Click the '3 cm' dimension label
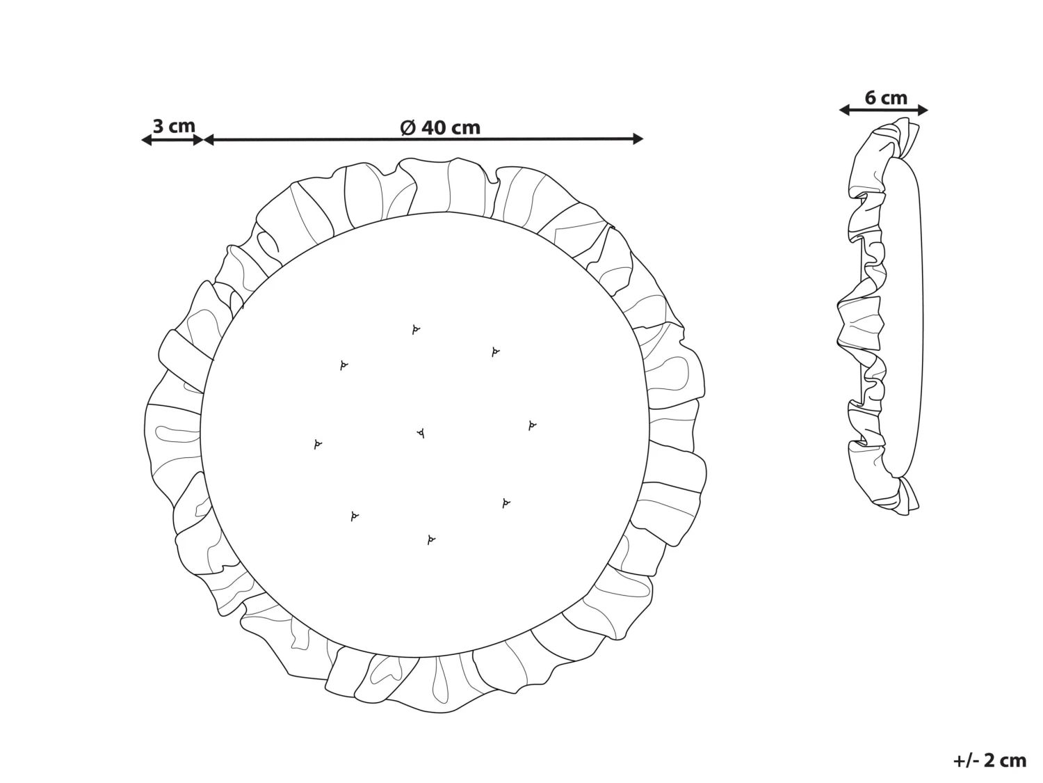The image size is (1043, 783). tap(174, 127)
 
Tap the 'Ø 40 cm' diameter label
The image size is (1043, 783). tap(440, 127)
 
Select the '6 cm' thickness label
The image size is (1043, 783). tap(886, 97)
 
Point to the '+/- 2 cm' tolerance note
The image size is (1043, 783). tap(989, 761)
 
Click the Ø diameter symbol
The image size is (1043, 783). tap(408, 127)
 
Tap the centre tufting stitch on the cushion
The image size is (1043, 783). tap(421, 433)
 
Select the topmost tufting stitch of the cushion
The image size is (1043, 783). tap(416, 329)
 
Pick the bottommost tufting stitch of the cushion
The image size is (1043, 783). tap(431, 539)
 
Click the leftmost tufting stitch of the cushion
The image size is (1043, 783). tap(318, 444)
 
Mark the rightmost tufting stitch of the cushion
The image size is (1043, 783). tap(532, 425)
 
